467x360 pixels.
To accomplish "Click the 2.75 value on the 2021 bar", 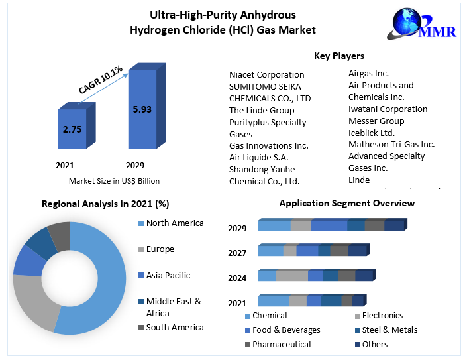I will pos(72,129).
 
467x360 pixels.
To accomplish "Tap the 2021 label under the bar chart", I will pos(65,165).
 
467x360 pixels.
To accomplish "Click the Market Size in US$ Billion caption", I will pos(114,180).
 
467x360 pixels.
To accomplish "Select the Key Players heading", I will pos(339,56).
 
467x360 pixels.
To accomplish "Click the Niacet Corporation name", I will pos(267,74).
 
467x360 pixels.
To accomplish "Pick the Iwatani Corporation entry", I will pos(388,109).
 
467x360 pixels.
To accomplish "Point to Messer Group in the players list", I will pos(376,121).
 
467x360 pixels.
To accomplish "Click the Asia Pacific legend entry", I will pos(168,275).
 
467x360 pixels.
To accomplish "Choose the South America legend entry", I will pos(175,327).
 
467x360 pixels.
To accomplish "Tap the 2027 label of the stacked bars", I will pos(237,253).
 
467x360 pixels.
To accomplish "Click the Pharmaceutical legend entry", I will pos(282,344).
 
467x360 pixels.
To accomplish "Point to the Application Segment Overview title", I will pos(347,203).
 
